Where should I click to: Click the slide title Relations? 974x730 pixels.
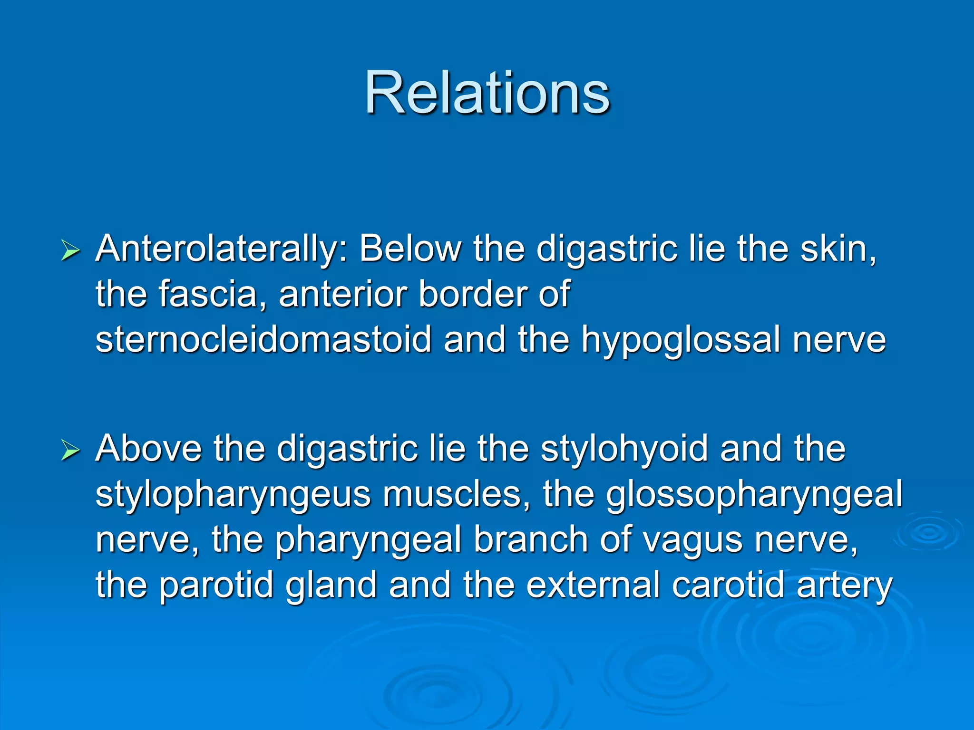click(487, 92)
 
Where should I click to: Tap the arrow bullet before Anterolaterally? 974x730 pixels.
click(70, 251)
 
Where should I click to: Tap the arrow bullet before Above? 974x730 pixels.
click(70, 451)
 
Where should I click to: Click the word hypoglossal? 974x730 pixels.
click(681, 340)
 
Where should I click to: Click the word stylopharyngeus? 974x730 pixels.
click(233, 495)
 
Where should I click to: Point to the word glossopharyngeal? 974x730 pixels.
click(754, 495)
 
